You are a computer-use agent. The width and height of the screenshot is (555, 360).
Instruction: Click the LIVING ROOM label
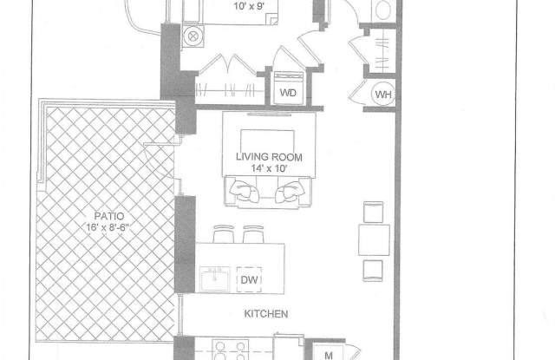269,157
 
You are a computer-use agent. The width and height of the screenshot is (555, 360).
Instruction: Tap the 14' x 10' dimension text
269,168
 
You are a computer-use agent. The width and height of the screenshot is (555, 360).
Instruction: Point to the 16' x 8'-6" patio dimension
108,227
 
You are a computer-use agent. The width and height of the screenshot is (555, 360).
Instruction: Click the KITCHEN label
266,314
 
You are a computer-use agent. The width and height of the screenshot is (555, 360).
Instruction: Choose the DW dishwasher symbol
249,279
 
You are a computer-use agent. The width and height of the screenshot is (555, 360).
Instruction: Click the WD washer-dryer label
288,93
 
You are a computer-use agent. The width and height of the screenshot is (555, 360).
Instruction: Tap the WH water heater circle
383,95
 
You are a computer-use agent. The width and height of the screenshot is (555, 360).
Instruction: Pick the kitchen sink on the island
214,279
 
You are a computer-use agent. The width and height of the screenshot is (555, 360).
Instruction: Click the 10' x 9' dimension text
250,6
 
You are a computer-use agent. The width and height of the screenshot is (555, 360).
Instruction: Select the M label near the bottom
329,355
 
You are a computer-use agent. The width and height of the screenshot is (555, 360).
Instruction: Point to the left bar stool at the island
224,233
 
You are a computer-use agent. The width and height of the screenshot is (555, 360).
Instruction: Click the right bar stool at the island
253,233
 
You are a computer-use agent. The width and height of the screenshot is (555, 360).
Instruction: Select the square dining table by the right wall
374,239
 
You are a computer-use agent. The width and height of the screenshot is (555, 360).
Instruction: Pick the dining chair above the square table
373,212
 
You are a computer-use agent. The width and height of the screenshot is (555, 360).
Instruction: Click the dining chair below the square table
373,271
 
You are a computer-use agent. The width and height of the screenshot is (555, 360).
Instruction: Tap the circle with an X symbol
193,36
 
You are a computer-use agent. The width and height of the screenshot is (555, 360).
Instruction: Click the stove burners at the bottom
231,350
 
